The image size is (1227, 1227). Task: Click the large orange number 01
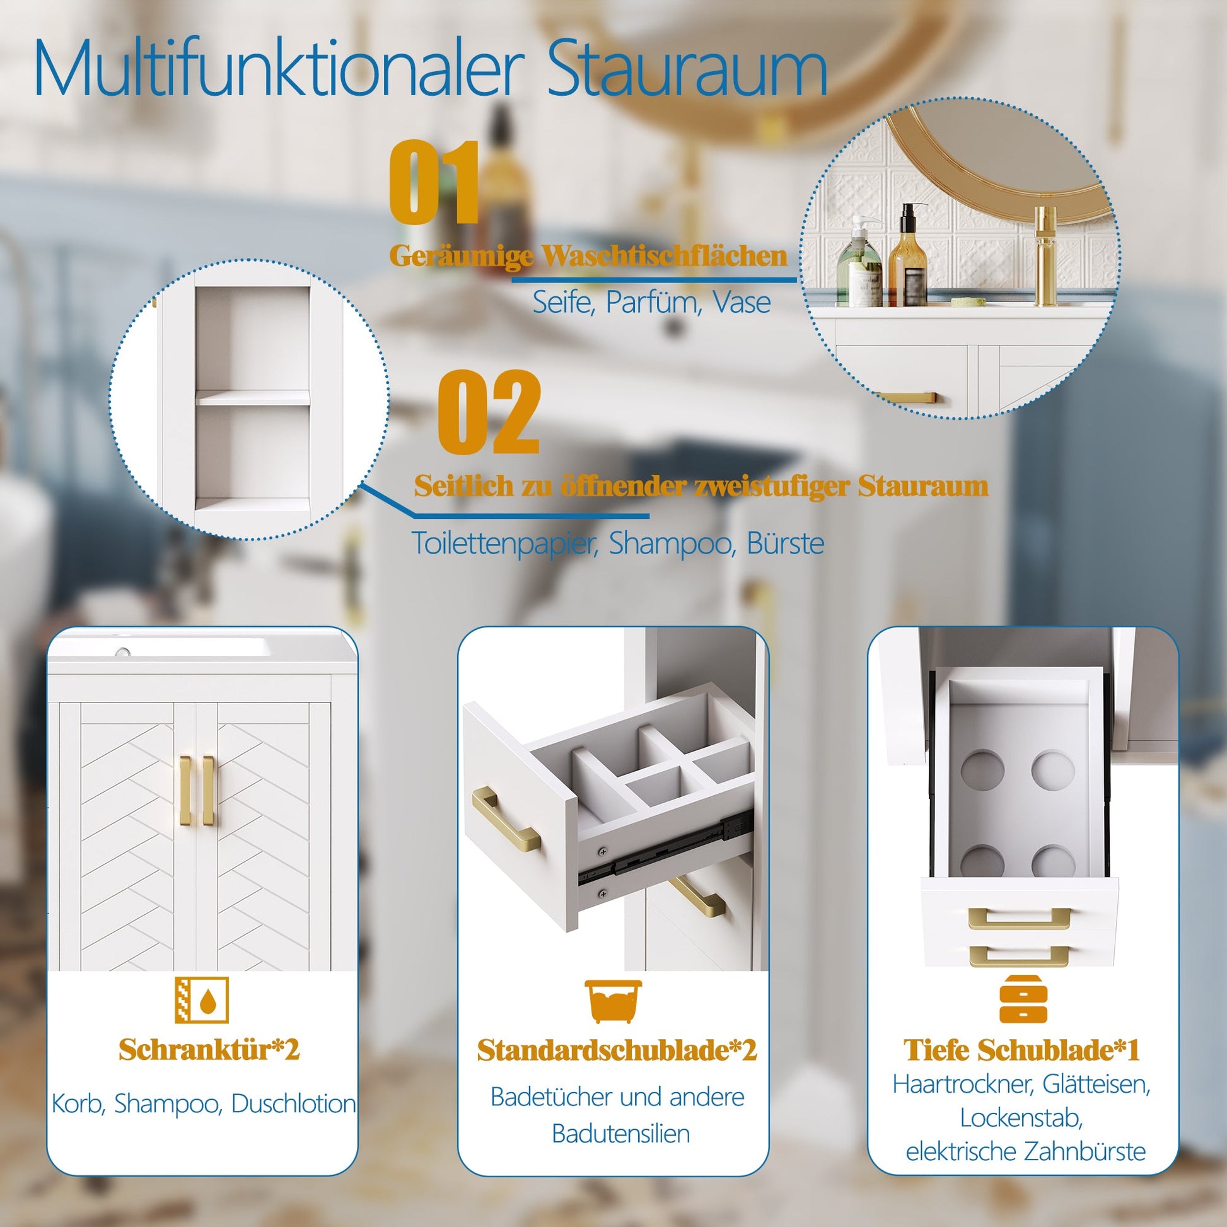[433, 182]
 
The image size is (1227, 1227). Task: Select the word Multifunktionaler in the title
[279, 67]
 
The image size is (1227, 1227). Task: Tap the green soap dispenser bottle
[860, 263]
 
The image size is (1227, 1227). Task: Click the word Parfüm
[653, 303]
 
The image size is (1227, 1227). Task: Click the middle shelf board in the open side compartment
[252, 398]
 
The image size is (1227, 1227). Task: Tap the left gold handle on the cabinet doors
[185, 791]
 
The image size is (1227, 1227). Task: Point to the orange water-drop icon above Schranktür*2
[201, 1000]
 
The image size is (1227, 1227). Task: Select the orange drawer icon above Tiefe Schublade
[1023, 999]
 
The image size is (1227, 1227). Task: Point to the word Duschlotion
[293, 1104]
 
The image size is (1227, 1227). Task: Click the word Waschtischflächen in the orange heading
[665, 256]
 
